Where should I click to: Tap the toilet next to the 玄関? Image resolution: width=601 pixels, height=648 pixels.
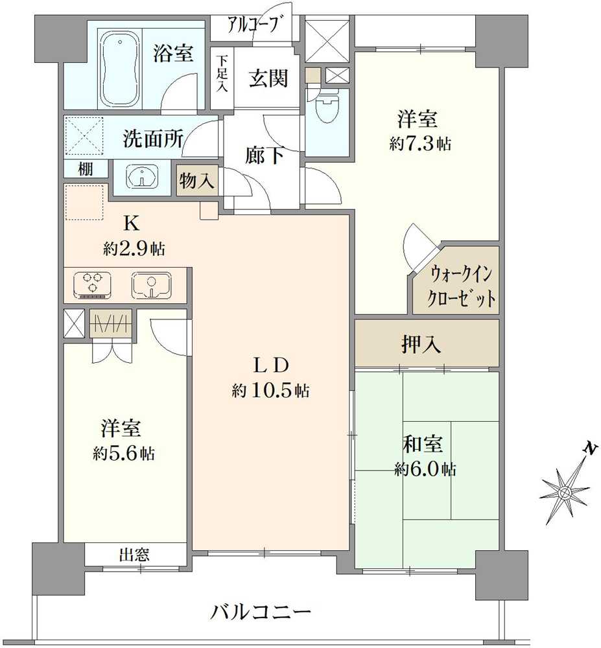click(328, 108)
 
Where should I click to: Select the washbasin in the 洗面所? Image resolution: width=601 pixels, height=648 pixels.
click(143, 176)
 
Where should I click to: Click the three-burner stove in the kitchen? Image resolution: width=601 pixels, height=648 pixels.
click(93, 285)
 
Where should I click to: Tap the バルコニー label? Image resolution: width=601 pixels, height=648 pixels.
click(262, 610)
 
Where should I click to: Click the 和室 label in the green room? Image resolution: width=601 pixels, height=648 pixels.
click(425, 445)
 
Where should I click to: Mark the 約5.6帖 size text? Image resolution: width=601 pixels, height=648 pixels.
click(123, 453)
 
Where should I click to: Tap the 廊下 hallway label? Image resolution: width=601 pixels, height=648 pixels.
click(263, 156)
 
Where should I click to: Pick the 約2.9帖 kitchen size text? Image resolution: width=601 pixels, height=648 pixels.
click(133, 248)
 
